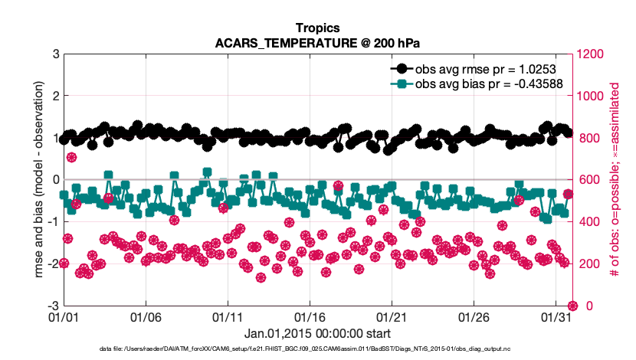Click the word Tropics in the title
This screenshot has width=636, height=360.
(317, 28)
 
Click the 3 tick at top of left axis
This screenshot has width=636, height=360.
(56, 54)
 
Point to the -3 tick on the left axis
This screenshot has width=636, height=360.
(54, 306)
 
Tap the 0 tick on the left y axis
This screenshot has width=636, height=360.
(56, 180)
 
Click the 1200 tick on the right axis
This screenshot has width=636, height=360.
(592, 54)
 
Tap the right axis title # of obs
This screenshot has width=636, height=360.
(614, 180)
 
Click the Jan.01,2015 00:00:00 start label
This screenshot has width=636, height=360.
(317, 333)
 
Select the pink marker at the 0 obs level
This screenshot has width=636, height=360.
(572, 306)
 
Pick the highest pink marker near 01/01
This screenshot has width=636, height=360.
(71, 157)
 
